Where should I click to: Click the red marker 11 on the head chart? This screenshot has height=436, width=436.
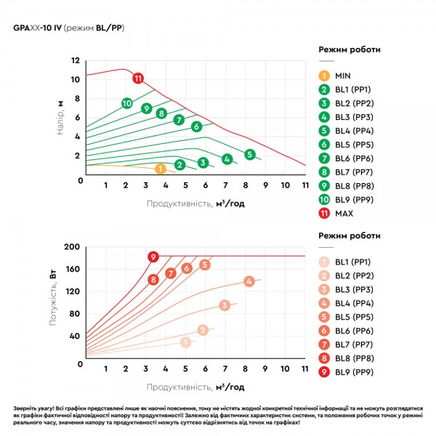[138, 78]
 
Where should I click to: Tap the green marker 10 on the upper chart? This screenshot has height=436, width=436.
[126, 103]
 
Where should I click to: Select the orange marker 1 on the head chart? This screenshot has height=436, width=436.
[161, 169]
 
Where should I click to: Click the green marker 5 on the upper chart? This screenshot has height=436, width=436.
[250, 155]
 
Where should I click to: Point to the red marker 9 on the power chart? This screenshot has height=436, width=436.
[153, 257]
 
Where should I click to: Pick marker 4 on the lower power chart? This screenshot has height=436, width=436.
[249, 281]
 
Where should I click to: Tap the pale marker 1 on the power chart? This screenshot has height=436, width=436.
[186, 342]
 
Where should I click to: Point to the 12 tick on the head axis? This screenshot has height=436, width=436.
[76, 60]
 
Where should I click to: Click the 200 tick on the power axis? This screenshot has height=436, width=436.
[72, 246]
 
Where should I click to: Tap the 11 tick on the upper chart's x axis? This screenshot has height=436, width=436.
[305, 185]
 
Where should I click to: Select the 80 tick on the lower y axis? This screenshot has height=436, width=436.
[74, 314]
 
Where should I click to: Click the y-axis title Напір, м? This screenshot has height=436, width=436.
[60, 118]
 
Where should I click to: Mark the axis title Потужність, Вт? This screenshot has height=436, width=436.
[53, 297]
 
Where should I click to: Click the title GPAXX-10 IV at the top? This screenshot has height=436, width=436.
[38, 28]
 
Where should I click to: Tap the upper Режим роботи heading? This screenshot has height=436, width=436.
[350, 49]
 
